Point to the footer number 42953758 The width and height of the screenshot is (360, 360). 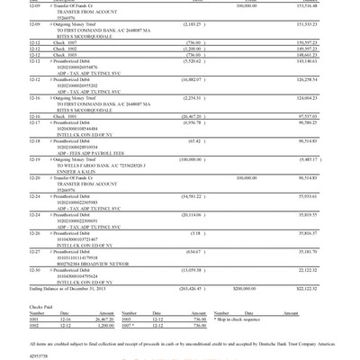tap(15, 355)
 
